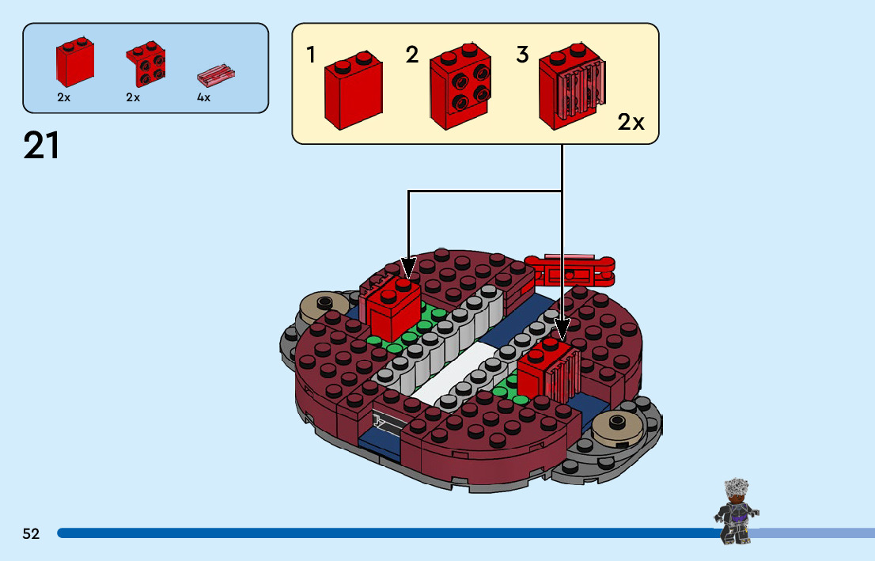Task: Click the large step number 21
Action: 42,146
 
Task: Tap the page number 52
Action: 31,534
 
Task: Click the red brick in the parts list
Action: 74,63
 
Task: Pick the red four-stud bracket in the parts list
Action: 146,66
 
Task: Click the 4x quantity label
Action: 203,98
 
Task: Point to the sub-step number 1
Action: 311,55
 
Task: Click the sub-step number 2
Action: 411,55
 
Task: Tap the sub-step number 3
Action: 522,55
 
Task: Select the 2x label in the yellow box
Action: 631,123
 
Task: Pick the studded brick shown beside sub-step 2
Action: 460,89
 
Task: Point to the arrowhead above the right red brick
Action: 562,326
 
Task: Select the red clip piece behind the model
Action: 570,270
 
